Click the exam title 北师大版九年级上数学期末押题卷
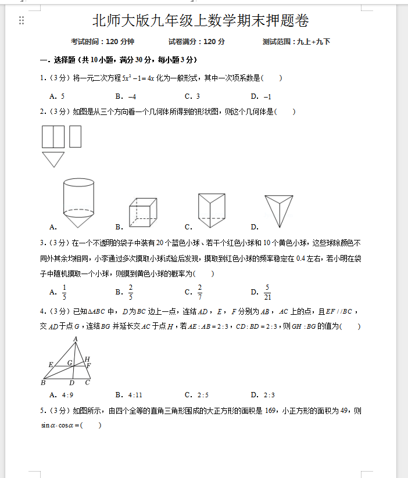pyautogui.click(x=201, y=21)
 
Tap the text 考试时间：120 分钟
pyautogui.click(x=103, y=42)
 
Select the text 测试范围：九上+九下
pyautogui.click(x=296, y=42)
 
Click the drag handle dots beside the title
pyautogui.click(x=22, y=21)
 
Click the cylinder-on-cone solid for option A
pyautogui.click(x=78, y=205)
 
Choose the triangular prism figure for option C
pyautogui.click(x=211, y=210)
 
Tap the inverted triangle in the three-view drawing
pyautogui.click(x=53, y=159)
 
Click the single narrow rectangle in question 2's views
pyautogui.click(x=75, y=136)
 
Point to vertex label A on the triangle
pyautogui.click(x=76, y=339)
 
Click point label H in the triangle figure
pyautogui.click(x=87, y=359)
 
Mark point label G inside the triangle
pyautogui.click(x=70, y=363)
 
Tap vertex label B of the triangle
pyautogui.click(x=43, y=382)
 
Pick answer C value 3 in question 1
pyautogui.click(x=198, y=96)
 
